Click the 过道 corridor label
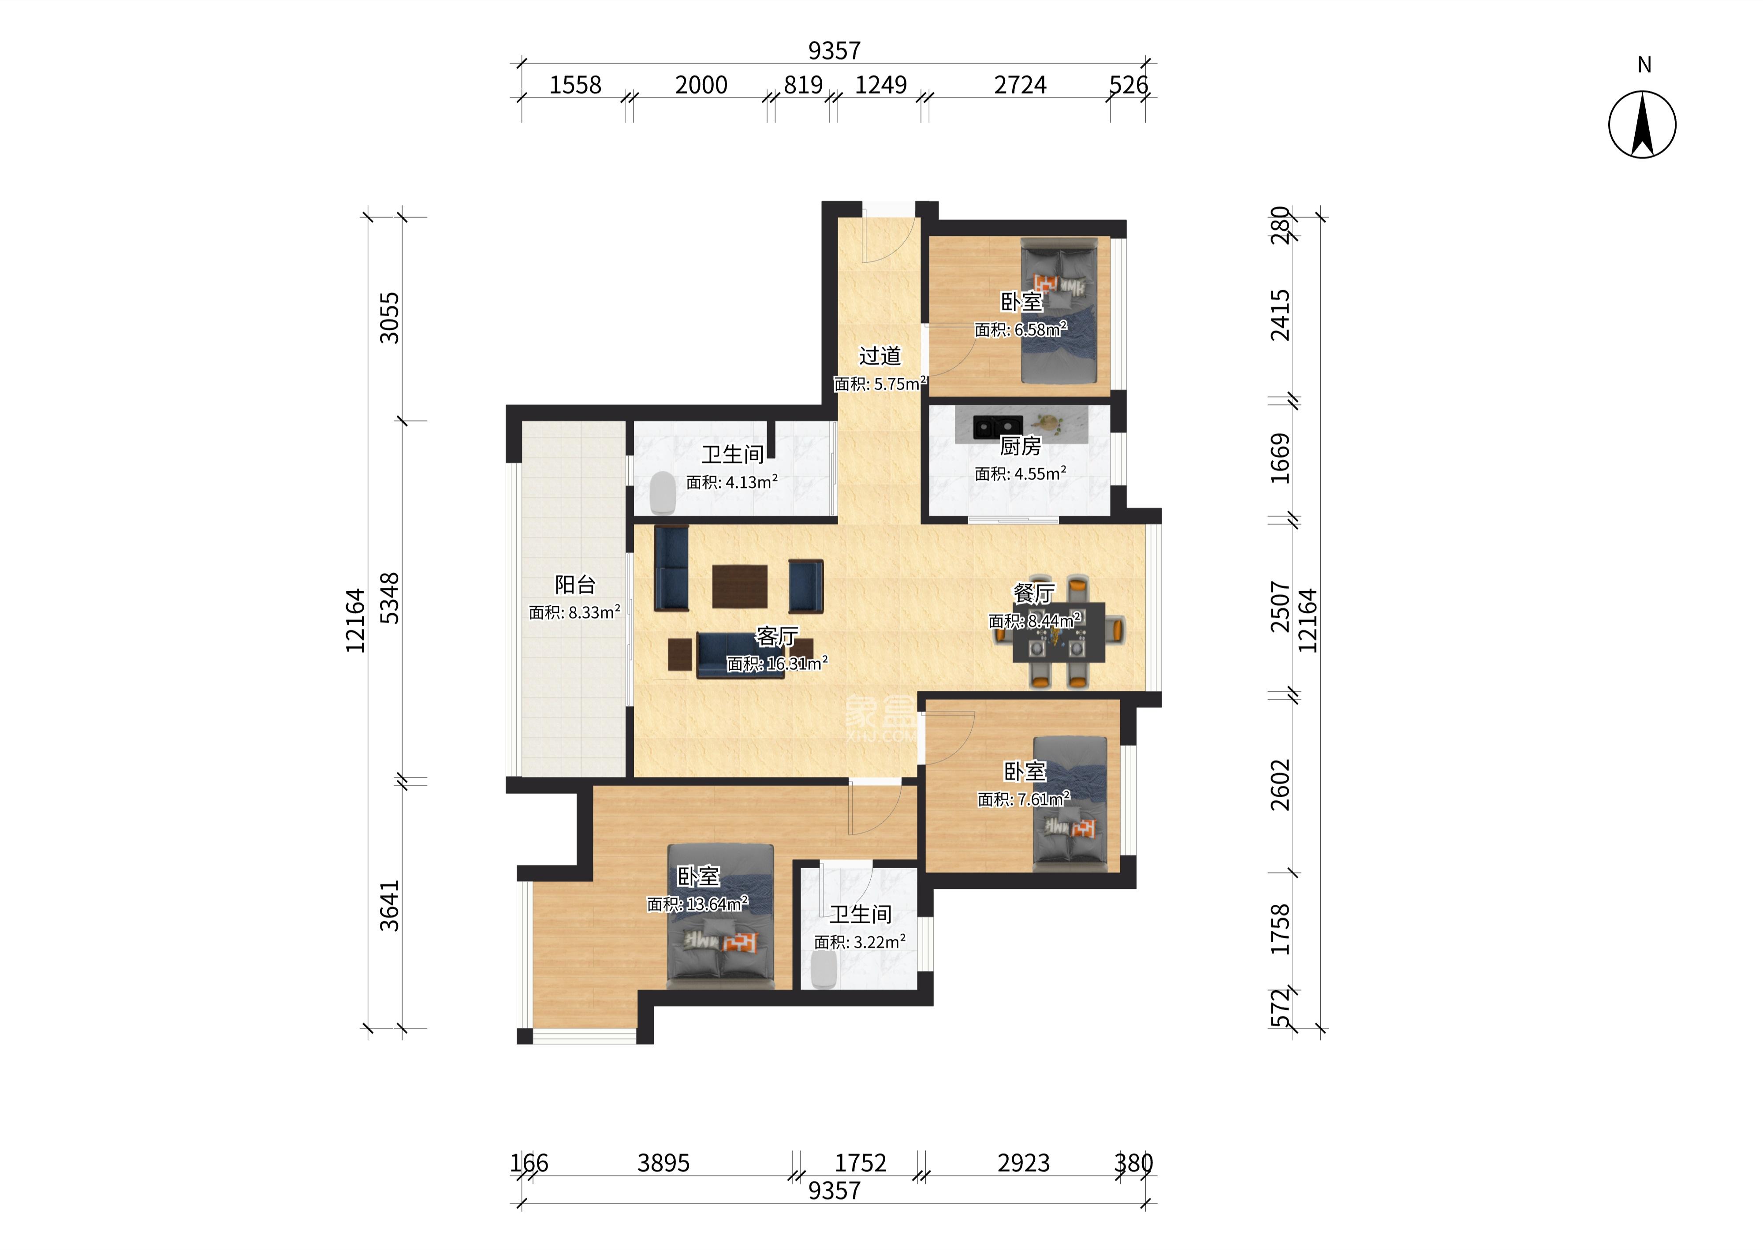pos(880,356)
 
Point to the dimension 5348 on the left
pos(390,598)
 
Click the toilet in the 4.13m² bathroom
pos(662,493)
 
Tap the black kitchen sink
pos(997,426)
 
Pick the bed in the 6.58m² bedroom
pos(1058,310)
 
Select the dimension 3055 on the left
pos(390,317)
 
